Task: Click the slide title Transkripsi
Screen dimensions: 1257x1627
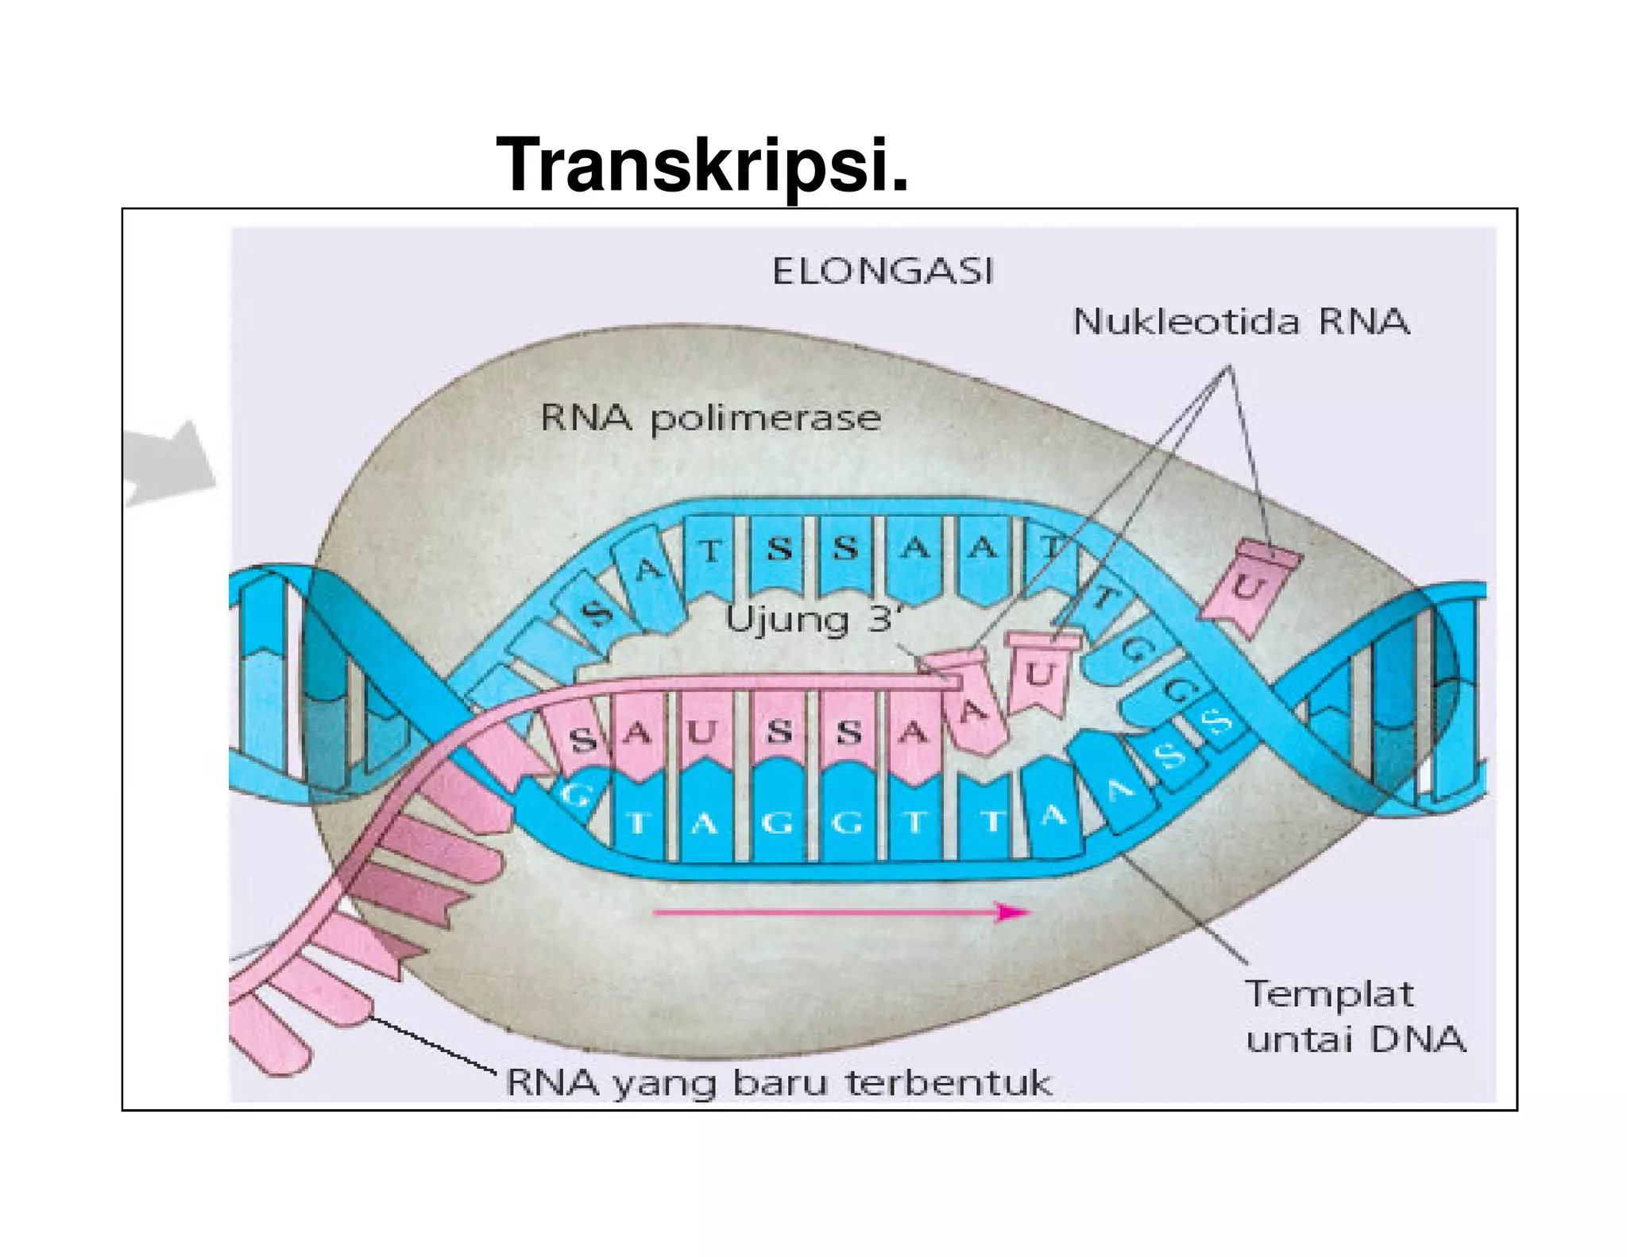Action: coord(701,165)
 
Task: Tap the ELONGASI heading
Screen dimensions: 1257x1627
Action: coord(883,272)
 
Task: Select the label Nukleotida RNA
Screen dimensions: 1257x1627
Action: coord(1240,322)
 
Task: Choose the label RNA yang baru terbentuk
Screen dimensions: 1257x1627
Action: coord(779,1083)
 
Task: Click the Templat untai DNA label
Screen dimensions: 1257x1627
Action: coord(1354,1017)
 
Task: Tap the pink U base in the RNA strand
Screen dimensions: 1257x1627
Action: coord(702,732)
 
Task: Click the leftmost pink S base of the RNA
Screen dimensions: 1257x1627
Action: coord(583,740)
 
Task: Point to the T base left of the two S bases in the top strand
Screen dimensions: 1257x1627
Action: coord(711,551)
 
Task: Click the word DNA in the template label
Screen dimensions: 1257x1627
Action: coord(1417,1040)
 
